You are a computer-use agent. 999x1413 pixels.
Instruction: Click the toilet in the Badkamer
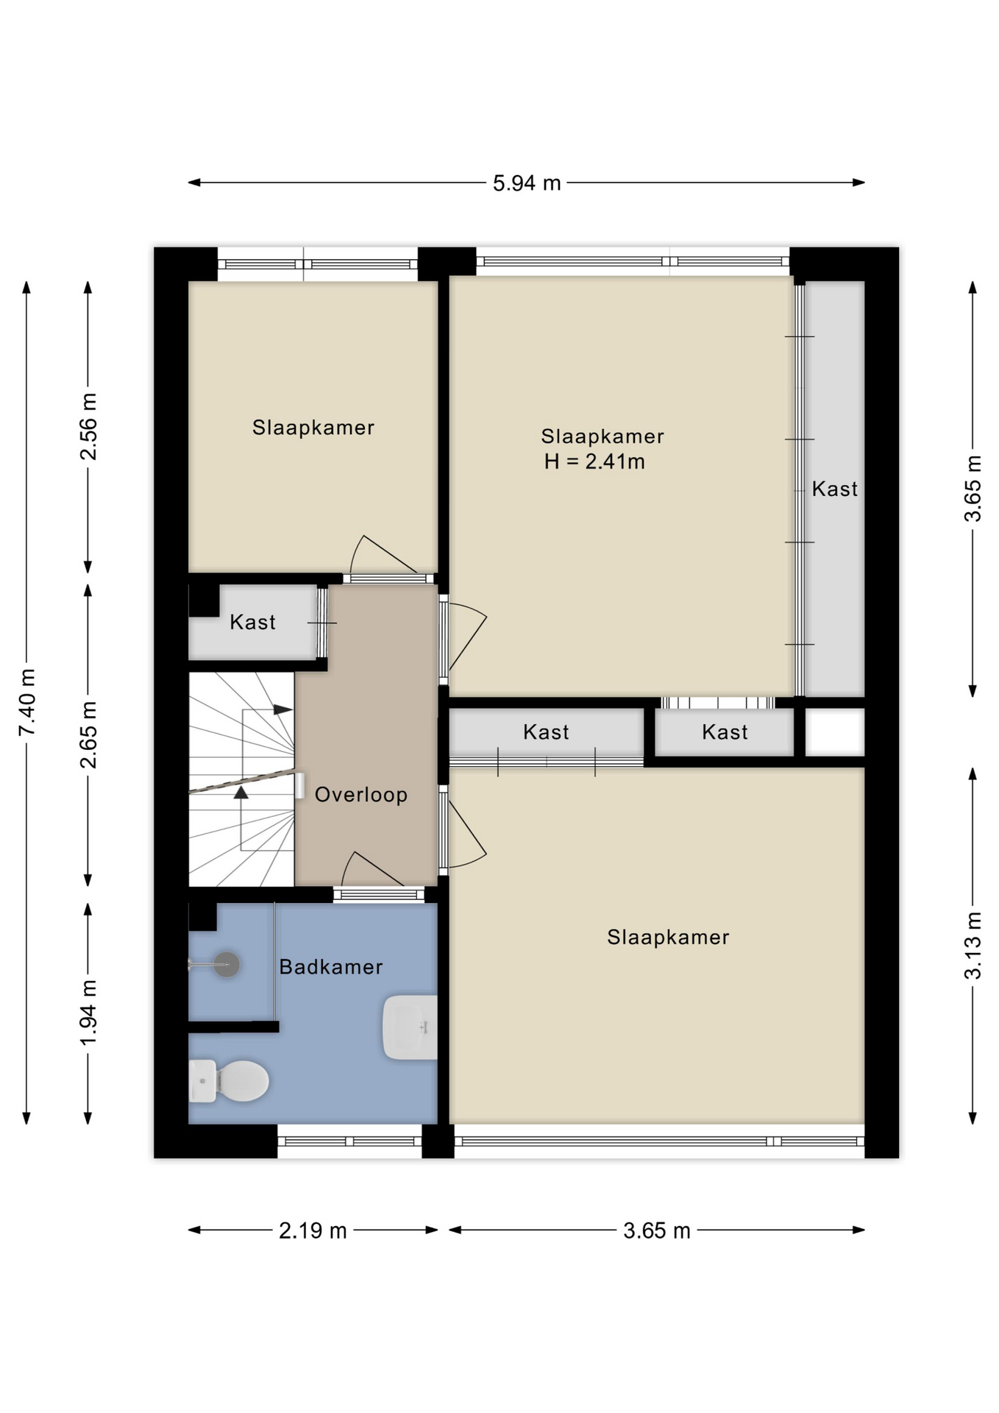229,1081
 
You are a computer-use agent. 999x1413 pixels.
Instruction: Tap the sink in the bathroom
410,1027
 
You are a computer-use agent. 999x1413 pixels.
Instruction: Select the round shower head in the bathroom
227,964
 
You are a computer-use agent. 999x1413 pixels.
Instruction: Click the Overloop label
361,795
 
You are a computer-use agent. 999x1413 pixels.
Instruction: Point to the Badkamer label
331,967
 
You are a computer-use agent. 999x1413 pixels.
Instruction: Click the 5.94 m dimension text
527,183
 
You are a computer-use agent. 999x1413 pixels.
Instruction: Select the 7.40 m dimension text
27,702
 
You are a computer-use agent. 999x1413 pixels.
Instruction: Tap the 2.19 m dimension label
313,1230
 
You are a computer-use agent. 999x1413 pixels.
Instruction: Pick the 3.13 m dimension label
973,945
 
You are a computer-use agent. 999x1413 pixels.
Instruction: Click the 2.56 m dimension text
88,427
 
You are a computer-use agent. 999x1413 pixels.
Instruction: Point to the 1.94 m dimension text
88,1012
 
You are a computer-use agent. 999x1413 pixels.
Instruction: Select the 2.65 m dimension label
88,734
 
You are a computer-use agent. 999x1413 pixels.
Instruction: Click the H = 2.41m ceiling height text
594,462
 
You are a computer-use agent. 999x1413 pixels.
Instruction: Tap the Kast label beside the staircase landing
252,623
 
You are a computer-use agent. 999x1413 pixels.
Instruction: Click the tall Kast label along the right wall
835,489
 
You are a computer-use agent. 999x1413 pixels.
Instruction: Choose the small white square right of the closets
835,732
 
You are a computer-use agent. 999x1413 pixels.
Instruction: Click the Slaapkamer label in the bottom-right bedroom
668,938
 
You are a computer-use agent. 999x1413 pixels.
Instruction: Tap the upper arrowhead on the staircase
283,710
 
